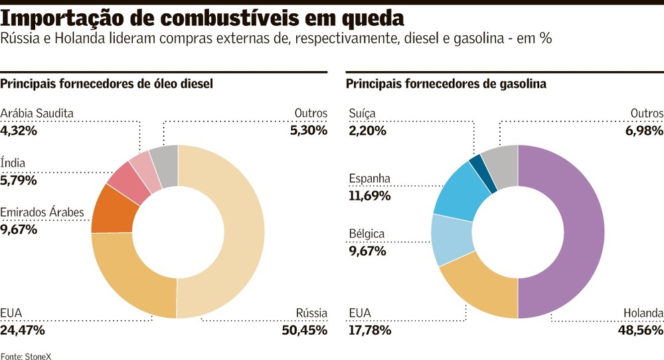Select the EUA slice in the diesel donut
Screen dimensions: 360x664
(129, 279)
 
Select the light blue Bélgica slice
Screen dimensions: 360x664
(452, 239)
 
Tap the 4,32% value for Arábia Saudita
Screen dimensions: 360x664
(19, 131)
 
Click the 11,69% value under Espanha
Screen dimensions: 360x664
(369, 196)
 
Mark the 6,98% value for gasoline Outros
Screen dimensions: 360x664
(643, 131)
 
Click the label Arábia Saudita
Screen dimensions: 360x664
(37, 114)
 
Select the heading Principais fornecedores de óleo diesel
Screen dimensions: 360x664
(106, 84)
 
